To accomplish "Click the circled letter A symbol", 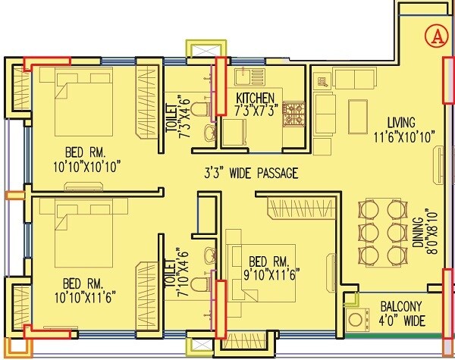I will [435, 33].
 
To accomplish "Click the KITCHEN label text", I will [255, 99].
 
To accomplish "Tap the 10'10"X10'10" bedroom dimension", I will [88, 164].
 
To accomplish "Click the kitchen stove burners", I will [293, 114].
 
